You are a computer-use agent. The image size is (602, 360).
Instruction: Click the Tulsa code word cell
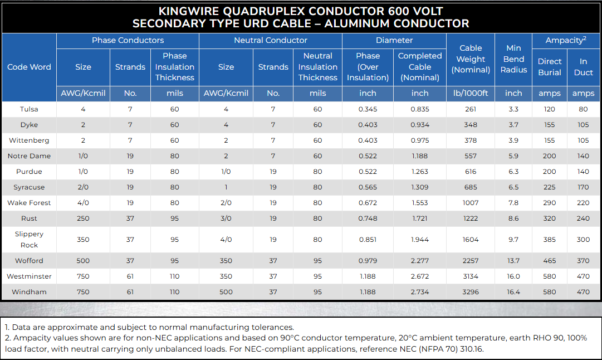click(x=29, y=109)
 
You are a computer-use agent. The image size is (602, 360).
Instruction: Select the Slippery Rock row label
click(x=29, y=240)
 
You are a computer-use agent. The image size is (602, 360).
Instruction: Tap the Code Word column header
click(x=29, y=67)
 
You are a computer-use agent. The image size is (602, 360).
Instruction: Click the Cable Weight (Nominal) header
click(x=471, y=59)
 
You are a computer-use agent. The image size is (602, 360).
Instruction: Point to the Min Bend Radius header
click(x=513, y=59)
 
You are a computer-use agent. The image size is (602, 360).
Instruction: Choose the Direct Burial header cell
click(x=550, y=67)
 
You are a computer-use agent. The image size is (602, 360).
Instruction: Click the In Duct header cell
click(x=584, y=67)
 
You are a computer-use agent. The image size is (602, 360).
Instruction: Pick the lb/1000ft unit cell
click(x=471, y=94)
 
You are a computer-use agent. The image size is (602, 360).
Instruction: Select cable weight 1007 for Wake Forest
click(x=471, y=203)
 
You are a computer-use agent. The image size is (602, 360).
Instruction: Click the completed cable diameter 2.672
click(x=420, y=276)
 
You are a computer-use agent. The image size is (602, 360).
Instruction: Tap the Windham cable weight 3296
click(x=471, y=292)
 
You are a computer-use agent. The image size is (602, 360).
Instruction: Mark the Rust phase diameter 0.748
click(x=368, y=218)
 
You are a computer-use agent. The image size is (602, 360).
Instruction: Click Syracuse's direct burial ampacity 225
click(x=550, y=187)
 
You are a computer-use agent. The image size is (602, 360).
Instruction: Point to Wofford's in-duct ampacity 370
click(x=584, y=261)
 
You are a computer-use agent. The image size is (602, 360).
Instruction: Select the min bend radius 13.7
click(x=513, y=261)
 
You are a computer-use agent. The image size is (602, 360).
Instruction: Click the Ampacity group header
click(x=566, y=40)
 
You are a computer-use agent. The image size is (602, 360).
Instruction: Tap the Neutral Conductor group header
click(x=271, y=40)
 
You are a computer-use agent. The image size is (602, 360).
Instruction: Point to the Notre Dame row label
click(x=29, y=156)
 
